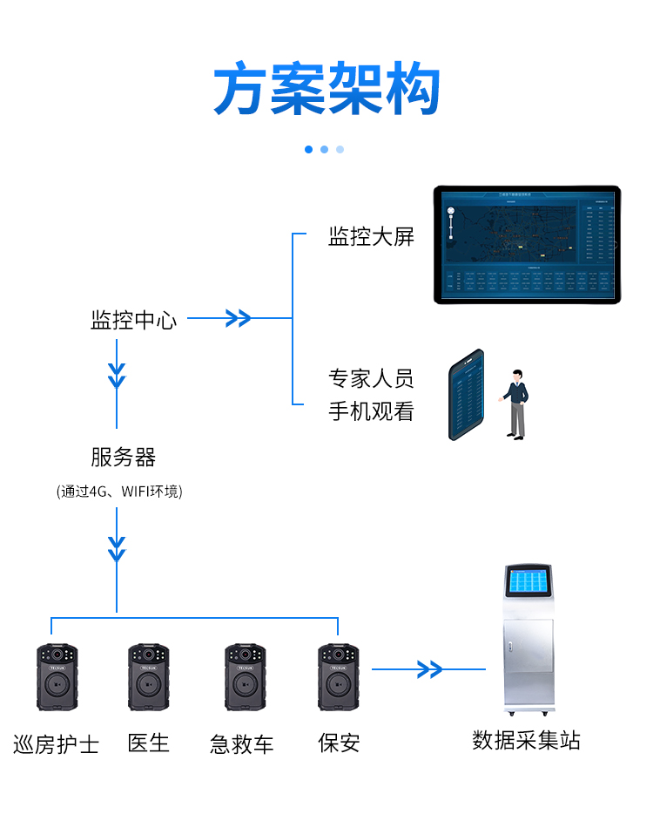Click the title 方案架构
point(326,89)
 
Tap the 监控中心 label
point(133,320)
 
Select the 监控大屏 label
point(371,236)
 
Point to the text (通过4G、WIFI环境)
point(119,492)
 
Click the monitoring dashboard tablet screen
point(527,244)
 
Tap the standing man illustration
point(516,403)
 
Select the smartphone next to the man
point(466,395)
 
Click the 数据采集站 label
point(526,741)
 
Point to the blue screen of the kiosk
point(529,581)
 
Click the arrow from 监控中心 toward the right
point(238,318)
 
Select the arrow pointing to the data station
point(428,669)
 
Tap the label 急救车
point(242,744)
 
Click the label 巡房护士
point(57,744)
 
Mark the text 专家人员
point(371,379)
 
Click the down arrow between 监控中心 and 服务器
point(117,375)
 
